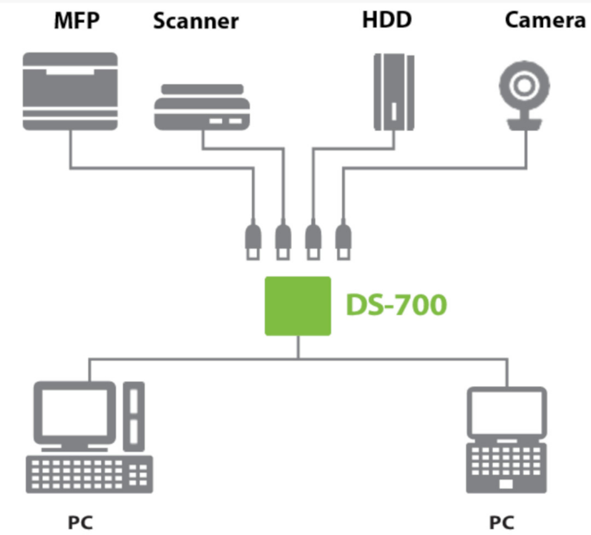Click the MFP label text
(77, 21)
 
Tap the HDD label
(387, 20)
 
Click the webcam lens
(524, 86)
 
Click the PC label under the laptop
(502, 522)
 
